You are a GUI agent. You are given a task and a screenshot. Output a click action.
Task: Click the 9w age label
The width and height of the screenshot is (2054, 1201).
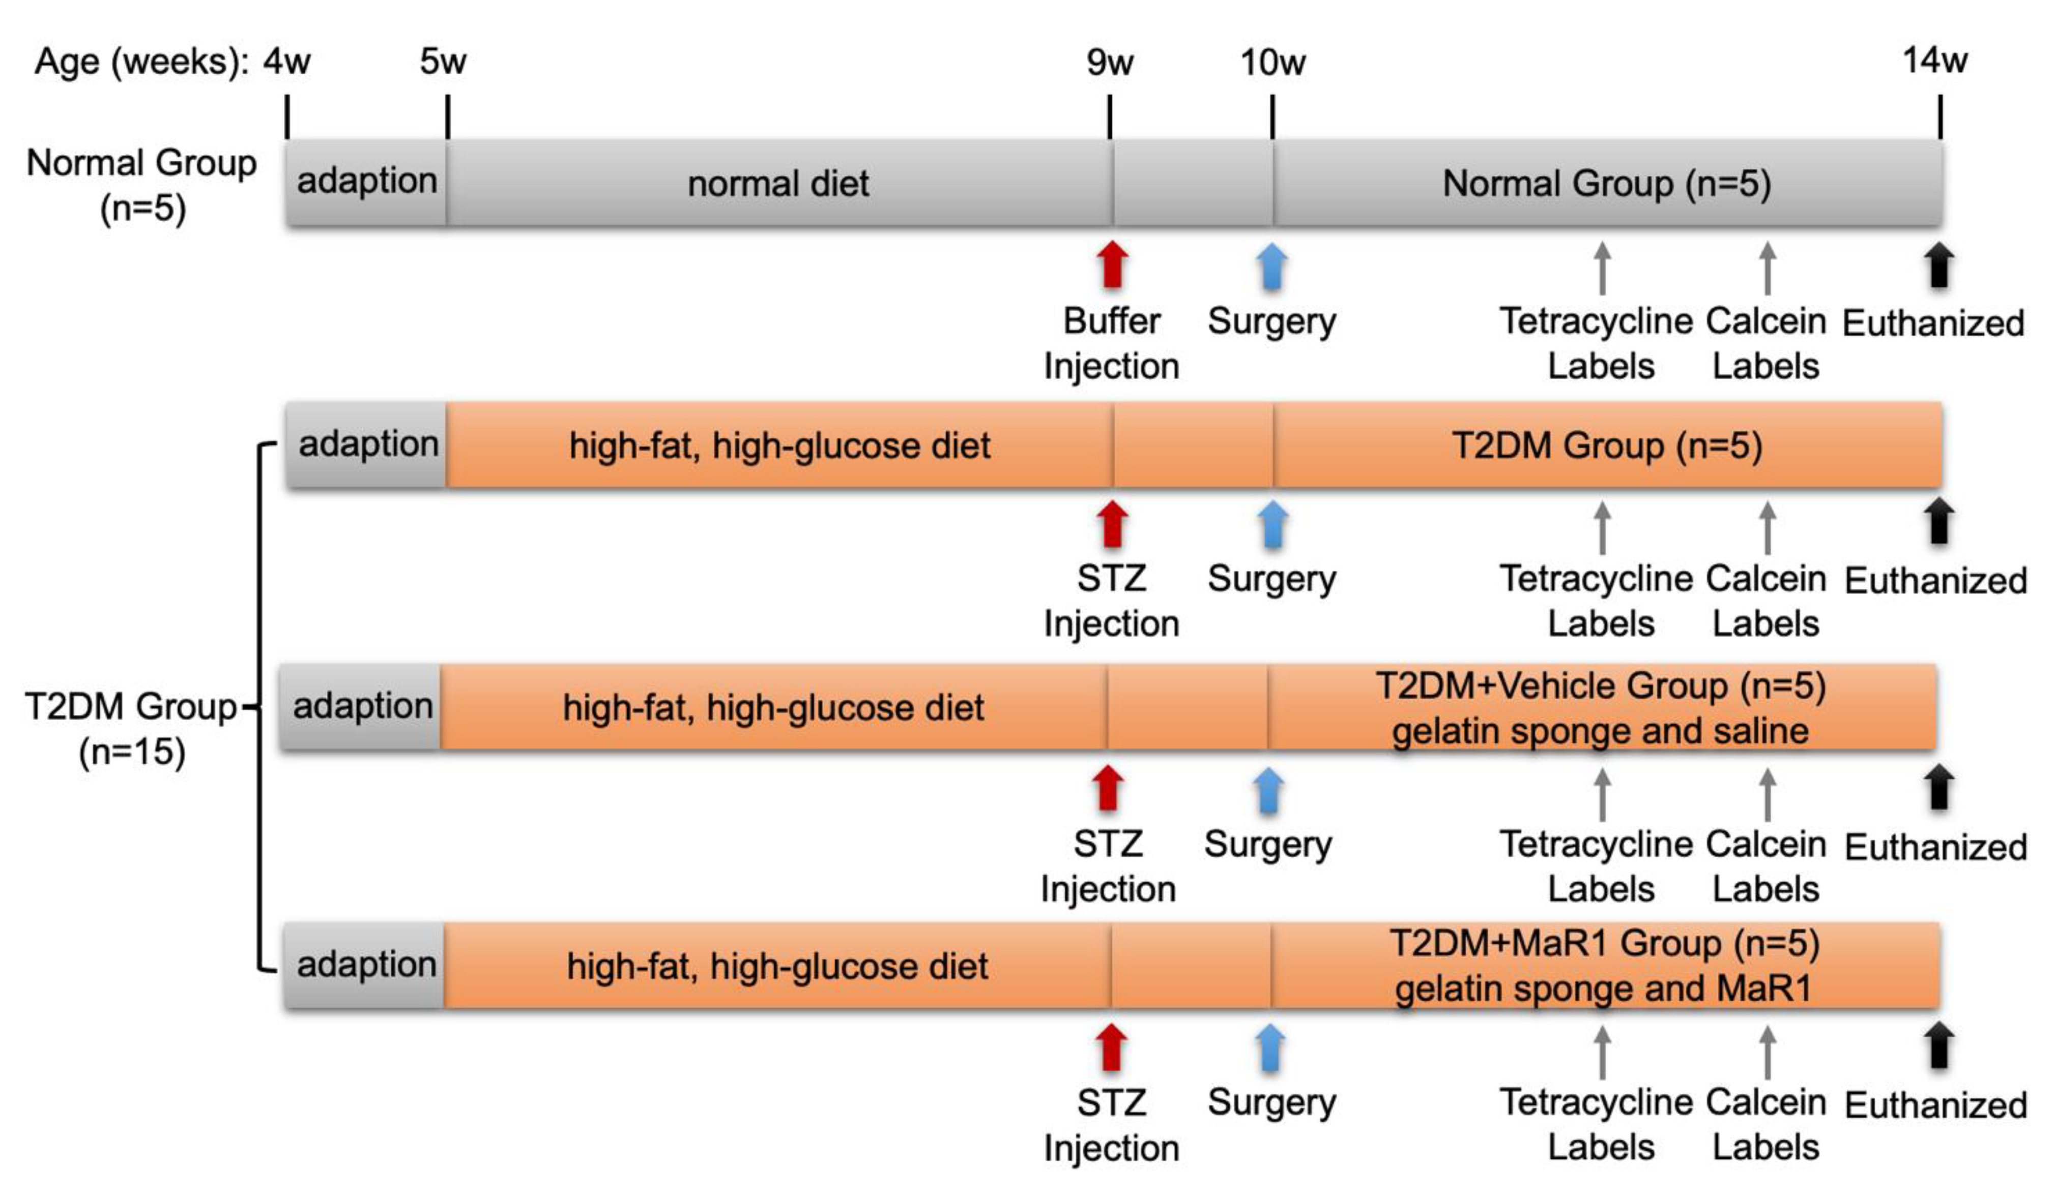[1109, 62]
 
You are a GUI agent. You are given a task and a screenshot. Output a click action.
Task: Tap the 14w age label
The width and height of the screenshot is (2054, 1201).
[1934, 61]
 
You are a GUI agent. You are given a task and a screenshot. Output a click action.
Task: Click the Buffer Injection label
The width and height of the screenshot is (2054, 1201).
[1111, 343]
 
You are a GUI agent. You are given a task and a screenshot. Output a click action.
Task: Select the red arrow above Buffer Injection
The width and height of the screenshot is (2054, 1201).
[1112, 265]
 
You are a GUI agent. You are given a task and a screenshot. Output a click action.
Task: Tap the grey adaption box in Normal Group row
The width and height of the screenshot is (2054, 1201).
[367, 182]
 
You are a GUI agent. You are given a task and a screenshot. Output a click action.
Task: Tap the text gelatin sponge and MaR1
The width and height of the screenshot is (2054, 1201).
[1603, 988]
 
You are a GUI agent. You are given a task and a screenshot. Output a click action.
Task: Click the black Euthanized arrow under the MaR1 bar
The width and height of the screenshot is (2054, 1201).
[1939, 1045]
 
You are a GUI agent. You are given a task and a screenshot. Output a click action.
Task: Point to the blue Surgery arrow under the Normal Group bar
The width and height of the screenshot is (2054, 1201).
[1271, 266]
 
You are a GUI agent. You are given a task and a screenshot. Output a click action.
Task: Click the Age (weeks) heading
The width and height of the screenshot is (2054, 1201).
[141, 62]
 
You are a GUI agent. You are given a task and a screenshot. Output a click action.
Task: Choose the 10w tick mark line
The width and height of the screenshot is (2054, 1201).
[1272, 116]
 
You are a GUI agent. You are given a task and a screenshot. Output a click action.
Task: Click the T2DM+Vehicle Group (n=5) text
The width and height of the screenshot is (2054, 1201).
[1600, 685]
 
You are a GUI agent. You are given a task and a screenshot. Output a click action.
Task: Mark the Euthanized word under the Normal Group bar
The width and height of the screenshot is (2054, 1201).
[1932, 323]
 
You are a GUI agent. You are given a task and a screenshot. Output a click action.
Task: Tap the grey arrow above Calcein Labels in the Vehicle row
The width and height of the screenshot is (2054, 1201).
[1766, 794]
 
